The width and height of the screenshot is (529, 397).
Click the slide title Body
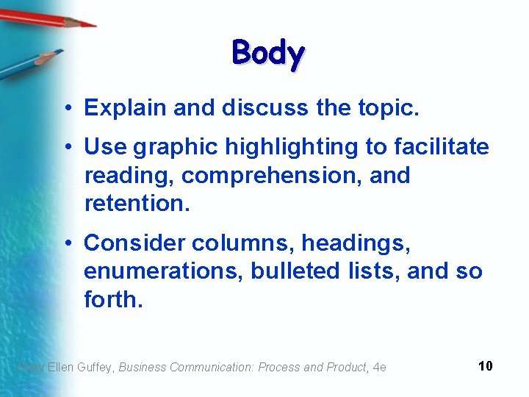(x=268, y=54)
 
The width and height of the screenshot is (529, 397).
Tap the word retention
(x=137, y=203)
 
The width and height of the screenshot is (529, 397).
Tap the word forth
(x=110, y=298)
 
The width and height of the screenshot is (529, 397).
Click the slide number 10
(x=485, y=366)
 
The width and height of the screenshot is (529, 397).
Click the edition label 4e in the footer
(x=380, y=367)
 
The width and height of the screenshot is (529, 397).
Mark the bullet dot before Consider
(x=67, y=243)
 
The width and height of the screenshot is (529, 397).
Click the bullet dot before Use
(x=67, y=148)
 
